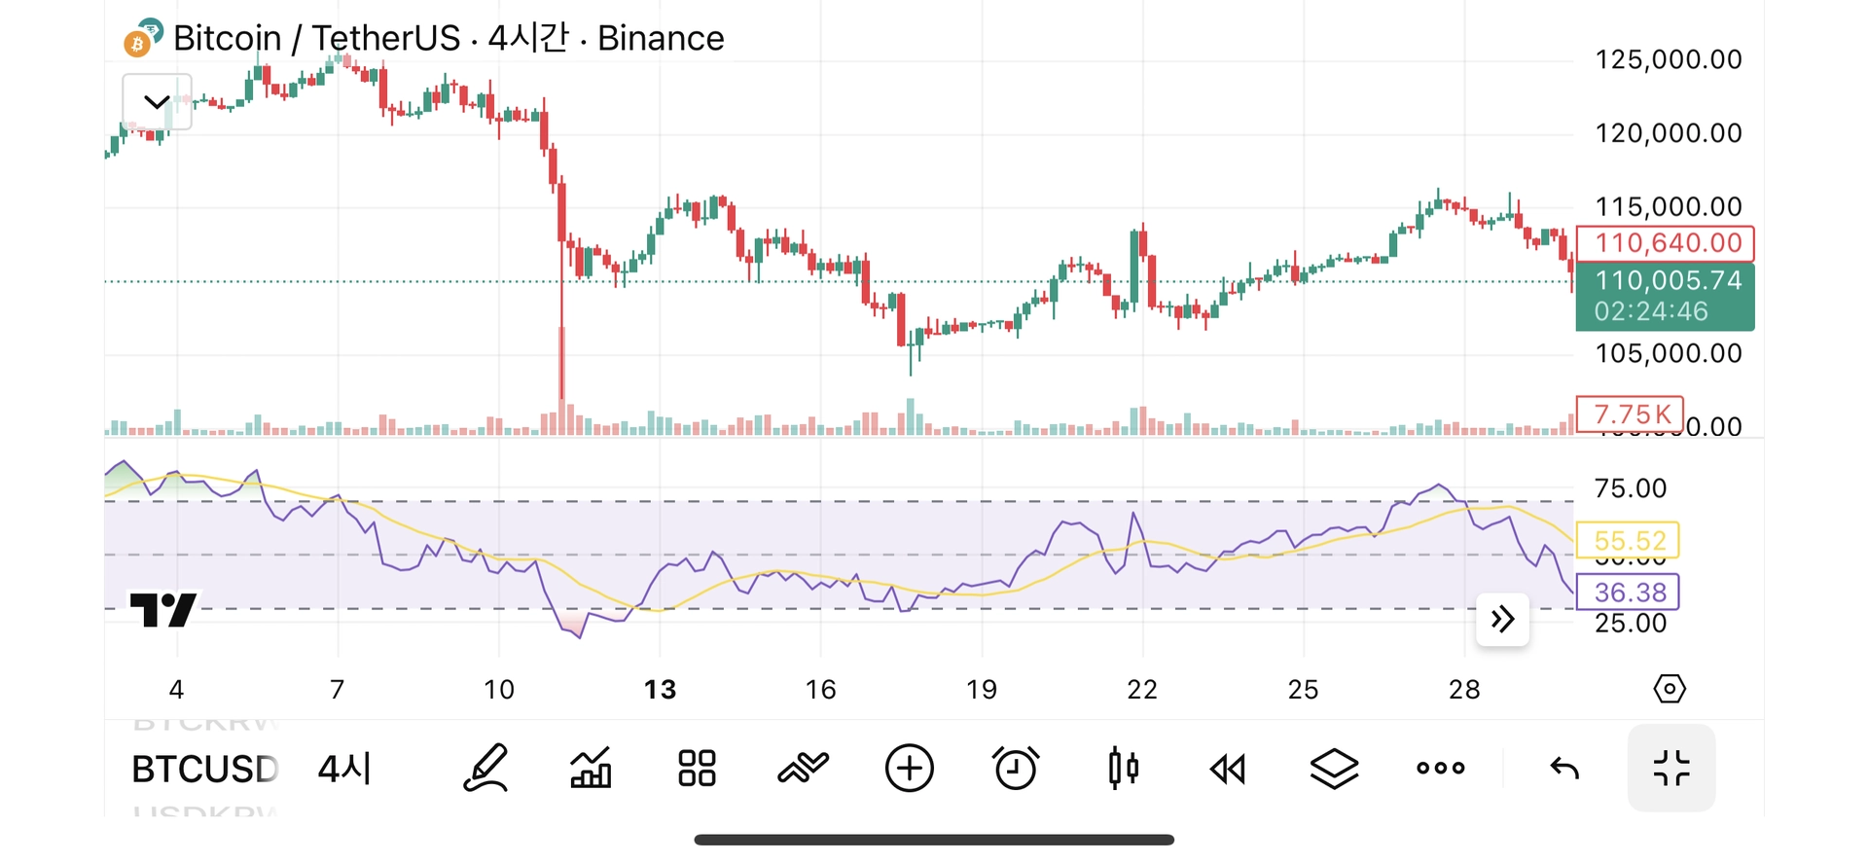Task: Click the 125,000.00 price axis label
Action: [x=1668, y=59]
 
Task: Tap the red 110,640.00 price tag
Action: [x=1665, y=243]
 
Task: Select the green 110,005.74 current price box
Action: [x=1665, y=296]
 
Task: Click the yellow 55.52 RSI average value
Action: [x=1630, y=541]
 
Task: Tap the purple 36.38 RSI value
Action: [x=1630, y=593]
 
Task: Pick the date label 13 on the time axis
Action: [x=660, y=690]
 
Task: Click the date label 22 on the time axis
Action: [x=1142, y=690]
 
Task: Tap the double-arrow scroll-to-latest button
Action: [x=1502, y=619]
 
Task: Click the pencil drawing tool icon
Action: [x=485, y=769]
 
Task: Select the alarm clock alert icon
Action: [x=1016, y=769]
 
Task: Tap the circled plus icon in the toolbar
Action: [x=909, y=769]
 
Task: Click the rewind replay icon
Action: [x=1228, y=770]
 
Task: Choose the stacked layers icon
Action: [x=1334, y=769]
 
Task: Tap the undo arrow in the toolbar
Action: [x=1564, y=769]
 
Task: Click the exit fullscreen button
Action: [x=1670, y=769]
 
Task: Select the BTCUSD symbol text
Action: [x=204, y=770]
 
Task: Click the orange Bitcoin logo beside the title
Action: [x=137, y=44]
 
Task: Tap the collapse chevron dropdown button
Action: [x=157, y=101]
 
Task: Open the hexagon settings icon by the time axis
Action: [x=1670, y=689]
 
